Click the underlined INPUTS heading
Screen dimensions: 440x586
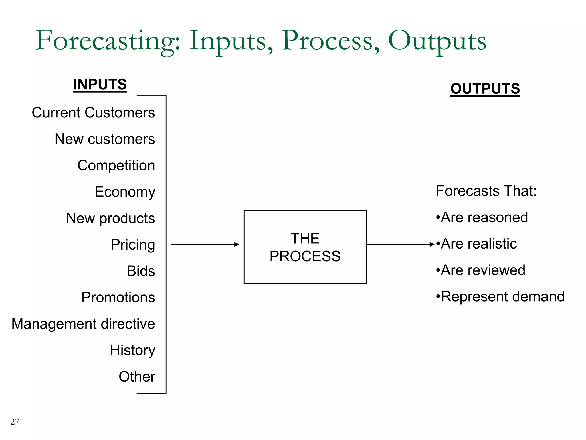pyautogui.click(x=100, y=85)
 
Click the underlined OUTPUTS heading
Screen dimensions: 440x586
pyautogui.click(x=485, y=89)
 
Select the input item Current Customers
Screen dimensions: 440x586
pyautogui.click(x=93, y=113)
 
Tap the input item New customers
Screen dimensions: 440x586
pyautogui.click(x=105, y=139)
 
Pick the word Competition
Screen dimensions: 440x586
pyautogui.click(x=116, y=166)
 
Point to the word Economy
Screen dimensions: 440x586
pyautogui.click(x=125, y=192)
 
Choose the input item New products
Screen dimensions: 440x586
pyautogui.click(x=110, y=218)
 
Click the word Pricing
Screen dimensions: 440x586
pyautogui.click(x=133, y=245)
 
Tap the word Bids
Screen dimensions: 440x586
pyautogui.click(x=141, y=271)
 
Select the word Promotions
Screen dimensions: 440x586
pyautogui.click(x=118, y=297)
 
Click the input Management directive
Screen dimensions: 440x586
pyautogui.click(x=83, y=324)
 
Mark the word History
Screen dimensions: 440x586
pyautogui.click(x=132, y=350)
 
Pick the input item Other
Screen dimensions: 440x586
pyautogui.click(x=137, y=377)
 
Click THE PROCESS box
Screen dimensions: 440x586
pyautogui.click(x=305, y=247)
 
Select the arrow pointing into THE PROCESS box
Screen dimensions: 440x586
pyautogui.click(x=205, y=244)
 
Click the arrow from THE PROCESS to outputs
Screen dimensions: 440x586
pyautogui.click(x=400, y=244)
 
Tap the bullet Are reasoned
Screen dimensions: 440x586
pyautogui.click(x=482, y=217)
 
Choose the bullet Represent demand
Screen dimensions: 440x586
pyautogui.click(x=500, y=296)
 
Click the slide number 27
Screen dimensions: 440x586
pyautogui.click(x=15, y=422)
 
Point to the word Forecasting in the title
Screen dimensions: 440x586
pyautogui.click(x=108, y=41)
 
